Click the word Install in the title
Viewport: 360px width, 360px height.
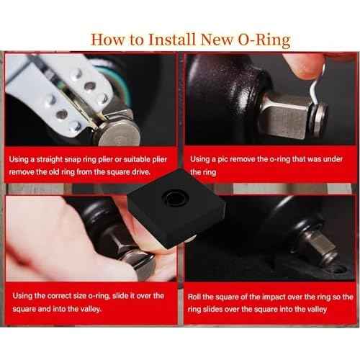coord(168,39)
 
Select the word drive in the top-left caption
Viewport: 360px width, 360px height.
coord(145,172)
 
